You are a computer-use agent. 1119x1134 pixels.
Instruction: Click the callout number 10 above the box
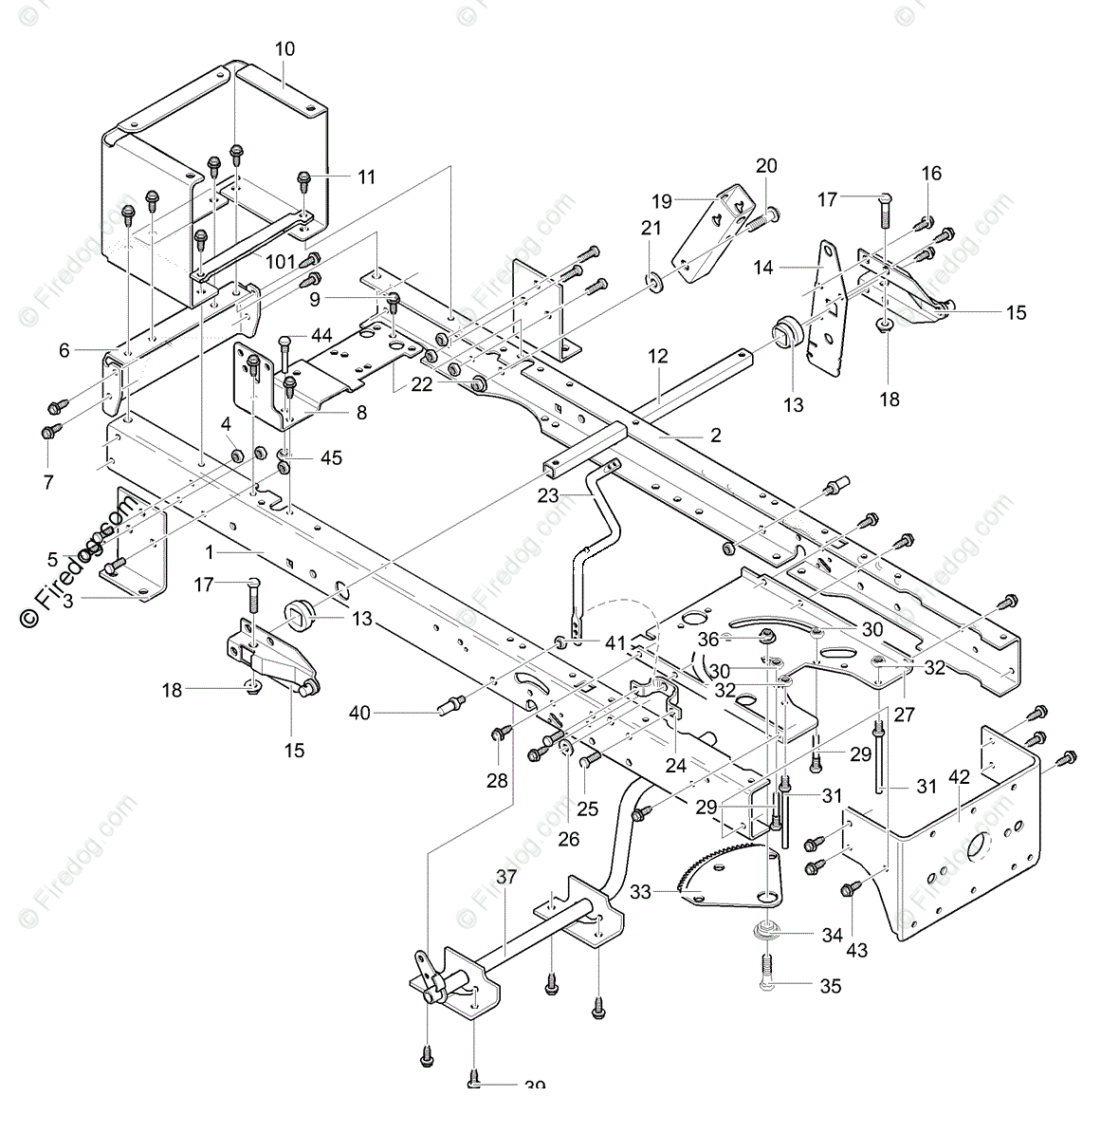(x=284, y=48)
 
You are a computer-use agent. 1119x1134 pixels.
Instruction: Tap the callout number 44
(x=321, y=335)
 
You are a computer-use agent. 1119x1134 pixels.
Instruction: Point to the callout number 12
(x=658, y=357)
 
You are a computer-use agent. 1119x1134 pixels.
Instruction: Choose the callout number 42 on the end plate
(x=959, y=776)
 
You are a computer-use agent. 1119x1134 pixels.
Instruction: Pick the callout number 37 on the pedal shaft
(x=506, y=877)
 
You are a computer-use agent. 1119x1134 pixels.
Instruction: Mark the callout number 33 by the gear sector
(x=640, y=891)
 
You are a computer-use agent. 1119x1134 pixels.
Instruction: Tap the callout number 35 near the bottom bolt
(x=830, y=986)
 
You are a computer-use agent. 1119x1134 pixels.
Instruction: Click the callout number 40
(x=359, y=712)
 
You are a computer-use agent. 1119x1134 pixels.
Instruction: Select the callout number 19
(x=662, y=201)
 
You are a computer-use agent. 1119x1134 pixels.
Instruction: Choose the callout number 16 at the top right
(x=931, y=173)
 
